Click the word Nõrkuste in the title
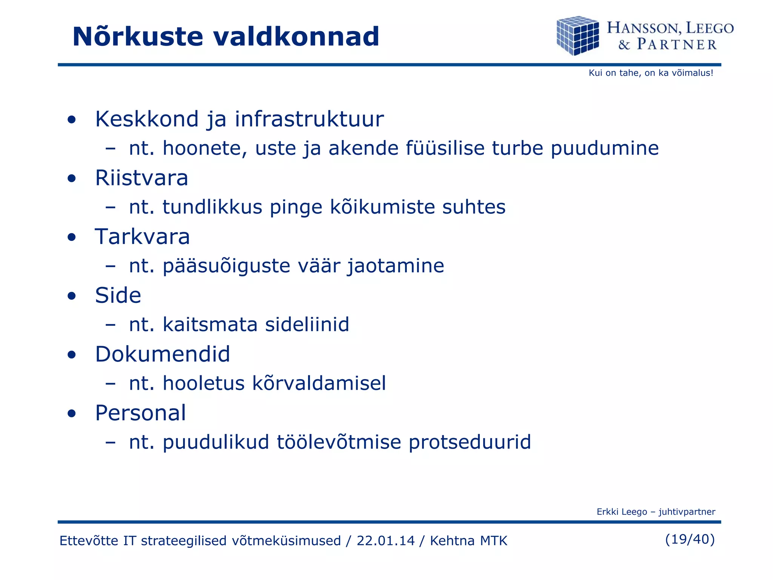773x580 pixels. (138, 37)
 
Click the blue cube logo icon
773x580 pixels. (578, 35)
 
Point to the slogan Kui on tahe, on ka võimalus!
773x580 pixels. (651, 73)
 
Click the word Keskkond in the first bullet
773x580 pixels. (147, 119)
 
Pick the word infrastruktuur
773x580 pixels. (309, 119)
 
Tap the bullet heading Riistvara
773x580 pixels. (142, 178)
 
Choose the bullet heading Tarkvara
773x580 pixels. (142, 237)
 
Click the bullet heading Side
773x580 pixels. (118, 295)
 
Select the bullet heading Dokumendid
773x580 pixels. (162, 354)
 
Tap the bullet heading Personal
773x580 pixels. (140, 413)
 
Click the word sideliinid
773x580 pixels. (307, 324)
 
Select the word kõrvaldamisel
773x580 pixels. (319, 383)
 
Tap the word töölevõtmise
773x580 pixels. (339, 442)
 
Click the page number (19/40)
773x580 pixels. (690, 539)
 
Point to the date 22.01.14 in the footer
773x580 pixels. (385, 541)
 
